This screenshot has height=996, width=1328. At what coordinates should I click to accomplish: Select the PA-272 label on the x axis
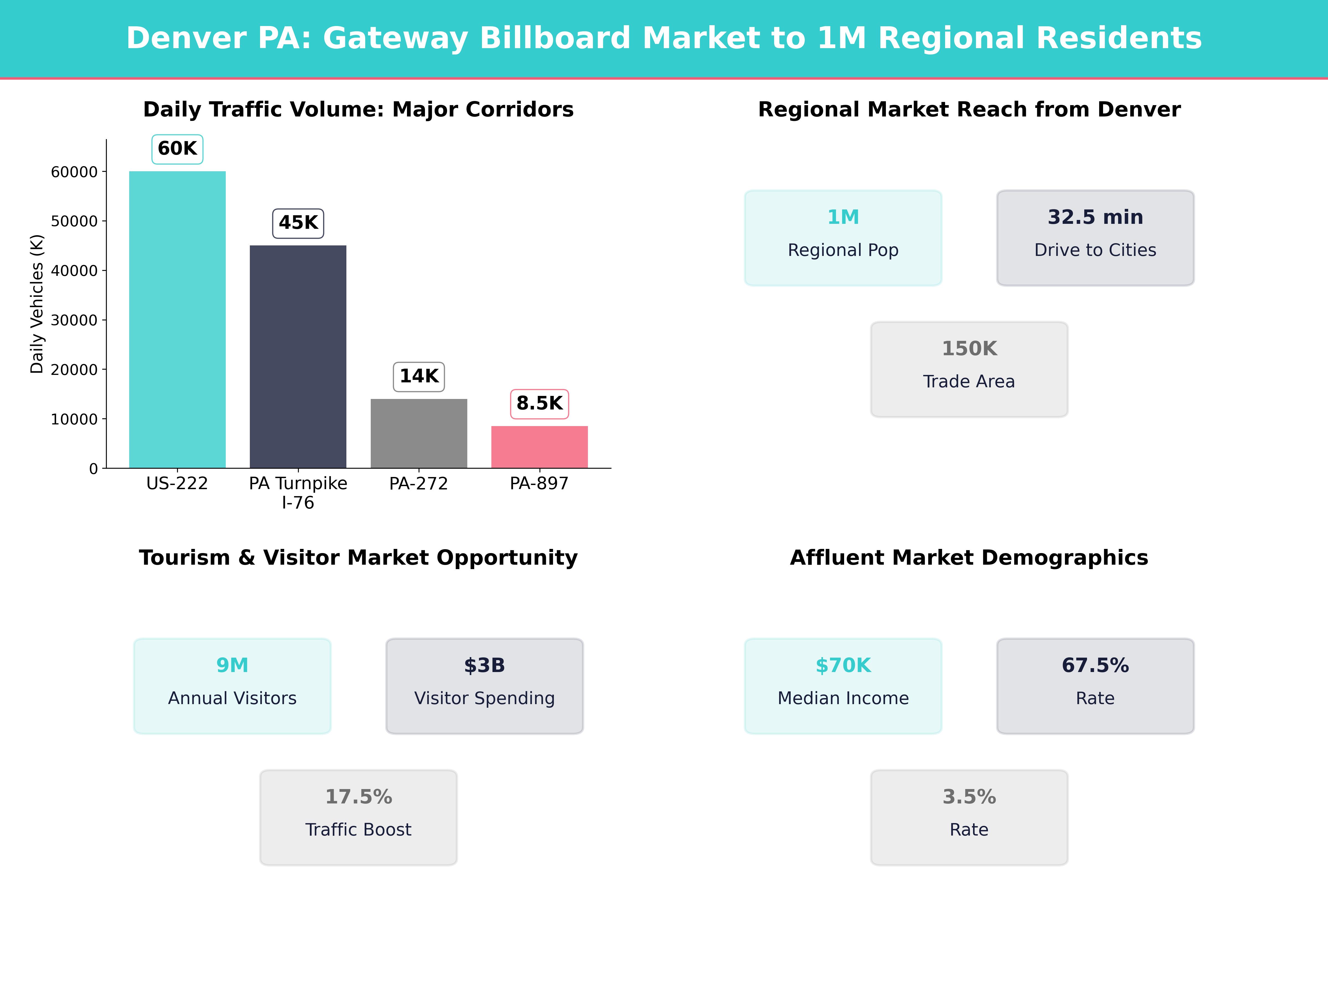pyautogui.click(x=418, y=483)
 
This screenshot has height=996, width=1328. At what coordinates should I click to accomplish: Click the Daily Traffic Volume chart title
pyautogui.click(x=358, y=109)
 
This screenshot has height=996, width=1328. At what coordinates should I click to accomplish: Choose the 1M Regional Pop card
pyautogui.click(x=843, y=238)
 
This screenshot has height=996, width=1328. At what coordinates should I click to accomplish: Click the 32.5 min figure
pyautogui.click(x=1095, y=217)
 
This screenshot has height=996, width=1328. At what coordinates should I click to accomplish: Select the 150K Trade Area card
pyautogui.click(x=969, y=369)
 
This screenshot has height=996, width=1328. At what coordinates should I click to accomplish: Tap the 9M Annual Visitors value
pyautogui.click(x=232, y=665)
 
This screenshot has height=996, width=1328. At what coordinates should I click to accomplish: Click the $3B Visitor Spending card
pyautogui.click(x=484, y=686)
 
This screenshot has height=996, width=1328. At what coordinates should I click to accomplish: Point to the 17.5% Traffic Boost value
pyautogui.click(x=358, y=797)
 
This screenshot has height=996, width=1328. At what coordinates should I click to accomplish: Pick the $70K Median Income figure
pyautogui.click(x=843, y=665)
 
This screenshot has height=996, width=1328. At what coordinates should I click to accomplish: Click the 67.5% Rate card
pyautogui.click(x=1095, y=686)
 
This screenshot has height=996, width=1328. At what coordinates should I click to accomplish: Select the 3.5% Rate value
pyautogui.click(x=969, y=797)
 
